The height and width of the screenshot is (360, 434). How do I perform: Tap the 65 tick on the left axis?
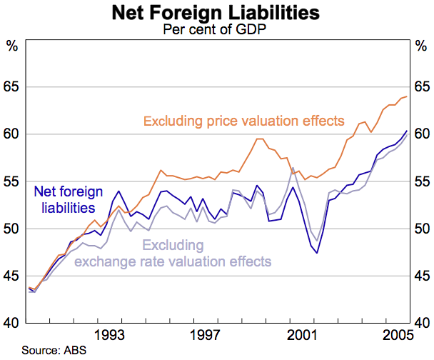tap(12, 87)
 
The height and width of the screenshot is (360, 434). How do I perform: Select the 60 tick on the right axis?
tap(421, 134)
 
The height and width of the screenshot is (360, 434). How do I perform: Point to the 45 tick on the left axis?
tap(12, 276)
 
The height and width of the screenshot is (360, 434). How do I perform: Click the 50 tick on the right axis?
tap(421, 229)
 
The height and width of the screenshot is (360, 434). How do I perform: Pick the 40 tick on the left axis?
tap(12, 323)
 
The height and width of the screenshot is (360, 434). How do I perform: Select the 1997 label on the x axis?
tap(205, 334)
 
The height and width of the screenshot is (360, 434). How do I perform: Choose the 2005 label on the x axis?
tap(395, 334)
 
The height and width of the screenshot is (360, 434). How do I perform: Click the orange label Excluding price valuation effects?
tap(244, 121)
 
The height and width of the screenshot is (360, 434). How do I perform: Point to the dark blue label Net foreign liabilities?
tap(69, 200)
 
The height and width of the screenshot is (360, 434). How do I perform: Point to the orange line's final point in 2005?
tap(407, 96)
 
